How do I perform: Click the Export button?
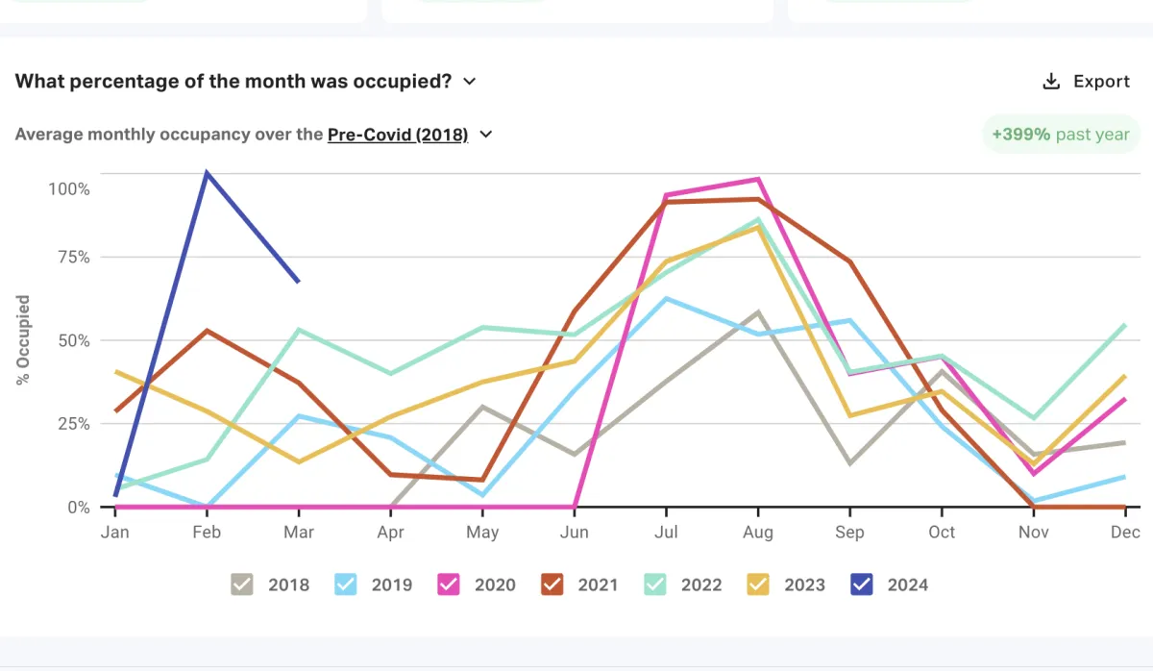click(x=1087, y=82)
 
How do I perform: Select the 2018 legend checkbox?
click(x=242, y=584)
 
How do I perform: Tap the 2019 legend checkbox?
click(x=346, y=584)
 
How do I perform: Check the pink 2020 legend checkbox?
click(x=449, y=584)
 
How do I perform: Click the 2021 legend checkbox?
click(x=552, y=584)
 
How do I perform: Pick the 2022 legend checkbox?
click(x=655, y=584)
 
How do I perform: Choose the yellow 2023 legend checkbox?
click(x=758, y=584)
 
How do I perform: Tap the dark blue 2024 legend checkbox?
click(x=862, y=584)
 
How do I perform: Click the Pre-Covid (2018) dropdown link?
click(x=398, y=135)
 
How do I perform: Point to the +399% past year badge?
click(x=1061, y=135)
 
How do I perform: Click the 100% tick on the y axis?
click(x=69, y=189)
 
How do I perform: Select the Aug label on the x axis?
click(x=758, y=532)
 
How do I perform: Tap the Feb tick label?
click(x=207, y=532)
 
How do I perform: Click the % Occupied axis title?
click(x=24, y=340)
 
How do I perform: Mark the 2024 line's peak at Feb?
click(x=207, y=173)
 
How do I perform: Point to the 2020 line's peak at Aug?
click(x=759, y=180)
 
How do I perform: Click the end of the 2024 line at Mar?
click(x=299, y=282)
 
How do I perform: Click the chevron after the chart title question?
click(x=470, y=82)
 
